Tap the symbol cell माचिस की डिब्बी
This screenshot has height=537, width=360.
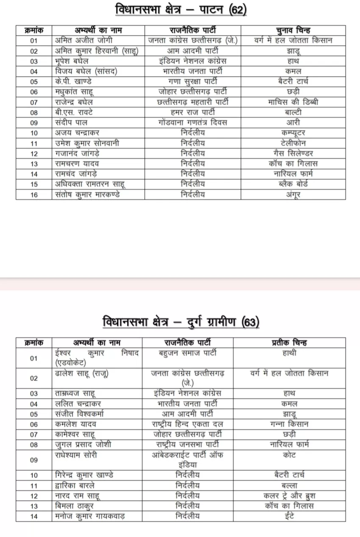coord(293,102)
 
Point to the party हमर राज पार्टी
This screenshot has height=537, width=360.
coord(192,112)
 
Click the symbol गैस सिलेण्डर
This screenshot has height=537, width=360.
coord(293,153)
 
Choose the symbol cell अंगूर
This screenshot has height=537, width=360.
coord(293,194)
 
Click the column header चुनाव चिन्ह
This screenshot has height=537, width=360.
coord(293,30)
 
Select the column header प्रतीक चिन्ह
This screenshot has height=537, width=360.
coord(289,343)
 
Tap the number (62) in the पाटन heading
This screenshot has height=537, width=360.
coord(237,10)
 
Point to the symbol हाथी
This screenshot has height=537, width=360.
coord(289,352)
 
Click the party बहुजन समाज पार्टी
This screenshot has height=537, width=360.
coord(187,352)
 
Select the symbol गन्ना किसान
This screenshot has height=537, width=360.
coord(289,424)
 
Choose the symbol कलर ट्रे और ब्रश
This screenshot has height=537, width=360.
coord(289,495)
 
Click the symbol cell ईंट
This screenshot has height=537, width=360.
coord(289,516)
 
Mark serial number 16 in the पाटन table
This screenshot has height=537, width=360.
coord(34,194)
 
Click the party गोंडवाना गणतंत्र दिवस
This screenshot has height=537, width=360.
coord(192,122)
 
